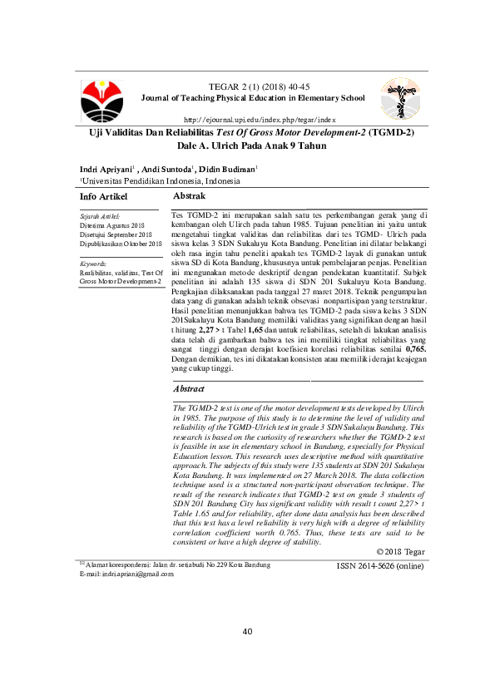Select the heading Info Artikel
pos(103,197)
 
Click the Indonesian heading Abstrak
pos(189,196)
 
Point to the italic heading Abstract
pos(190,389)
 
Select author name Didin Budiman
pos(230,169)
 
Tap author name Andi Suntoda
pos(169,169)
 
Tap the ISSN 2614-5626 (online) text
pos(380,565)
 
